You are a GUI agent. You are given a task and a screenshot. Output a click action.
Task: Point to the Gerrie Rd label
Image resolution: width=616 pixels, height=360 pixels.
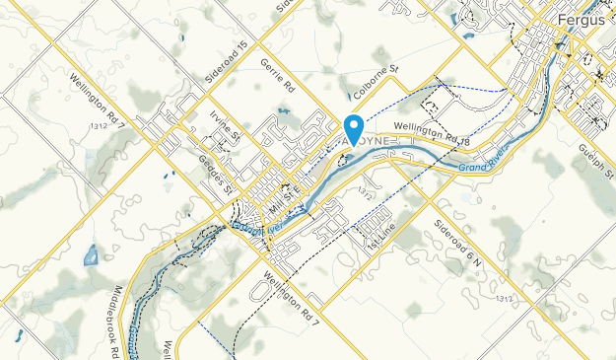278,75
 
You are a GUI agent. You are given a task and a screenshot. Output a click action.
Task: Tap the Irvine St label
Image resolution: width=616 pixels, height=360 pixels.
225,126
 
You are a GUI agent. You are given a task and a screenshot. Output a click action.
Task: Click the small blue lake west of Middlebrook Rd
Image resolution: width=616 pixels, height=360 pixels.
91,256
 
